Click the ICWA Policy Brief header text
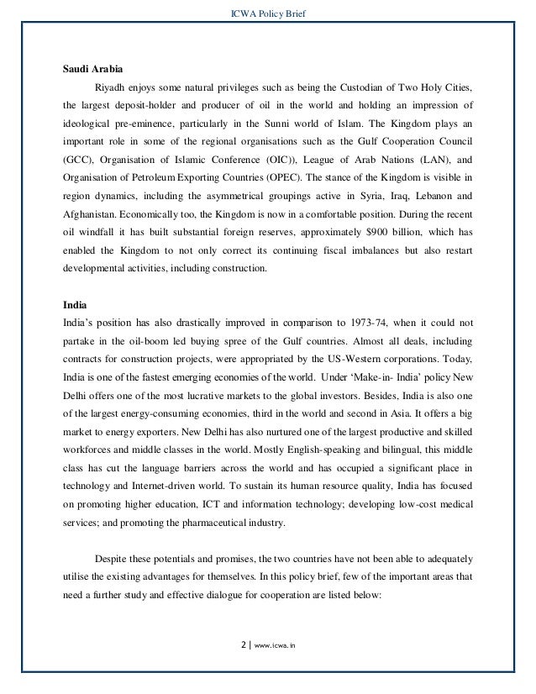[x=267, y=11]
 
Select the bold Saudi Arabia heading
[x=92, y=69]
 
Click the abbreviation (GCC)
[x=80, y=159]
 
